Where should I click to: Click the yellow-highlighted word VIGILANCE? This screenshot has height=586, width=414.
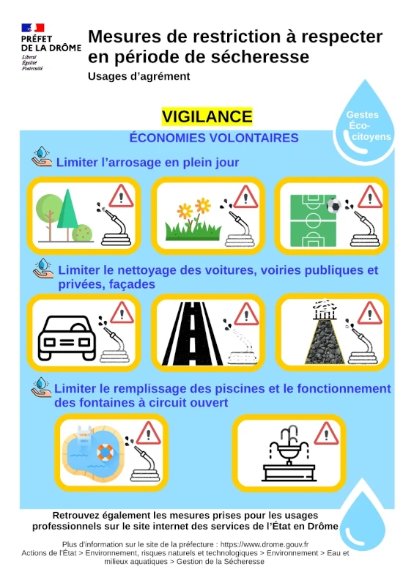pos(207,116)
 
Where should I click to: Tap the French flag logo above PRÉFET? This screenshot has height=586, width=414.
pos(33,28)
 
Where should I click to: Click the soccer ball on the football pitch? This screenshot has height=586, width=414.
pos(334,205)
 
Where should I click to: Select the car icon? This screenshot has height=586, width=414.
pos(67,338)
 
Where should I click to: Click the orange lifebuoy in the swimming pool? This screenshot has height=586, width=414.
pos(105,452)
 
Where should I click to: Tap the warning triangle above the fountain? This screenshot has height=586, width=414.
pos(326,434)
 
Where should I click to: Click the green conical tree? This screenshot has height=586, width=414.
pos(67,214)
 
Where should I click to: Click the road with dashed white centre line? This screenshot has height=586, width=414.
pos(192,333)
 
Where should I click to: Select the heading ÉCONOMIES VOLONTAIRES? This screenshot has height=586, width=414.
pos(214,138)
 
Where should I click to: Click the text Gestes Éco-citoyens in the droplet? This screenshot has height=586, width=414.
pos(366,125)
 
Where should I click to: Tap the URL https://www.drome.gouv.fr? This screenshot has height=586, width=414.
pos(265,544)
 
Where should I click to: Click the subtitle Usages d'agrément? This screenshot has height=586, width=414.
pos(138,76)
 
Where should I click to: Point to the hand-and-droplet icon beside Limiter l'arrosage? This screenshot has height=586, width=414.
pos(42,157)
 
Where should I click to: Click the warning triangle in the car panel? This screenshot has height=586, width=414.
pos(122,313)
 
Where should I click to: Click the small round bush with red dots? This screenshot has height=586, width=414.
pos(82,233)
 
